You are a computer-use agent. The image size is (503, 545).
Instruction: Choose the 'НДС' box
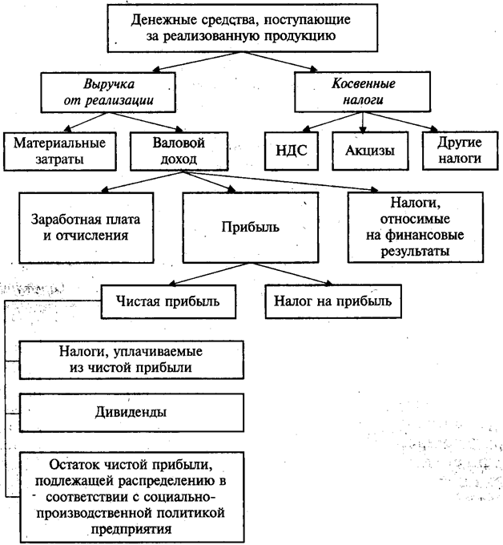[x=287, y=150]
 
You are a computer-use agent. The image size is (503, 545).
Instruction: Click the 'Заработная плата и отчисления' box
[x=78, y=227]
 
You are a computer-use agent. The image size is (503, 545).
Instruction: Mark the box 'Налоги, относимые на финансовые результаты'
[x=415, y=227]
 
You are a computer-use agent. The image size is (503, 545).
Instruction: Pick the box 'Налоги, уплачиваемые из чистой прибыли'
[x=130, y=360]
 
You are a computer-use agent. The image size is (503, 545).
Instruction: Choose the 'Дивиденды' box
[x=130, y=412]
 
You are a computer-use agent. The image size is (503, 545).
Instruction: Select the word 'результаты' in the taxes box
[x=415, y=251]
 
